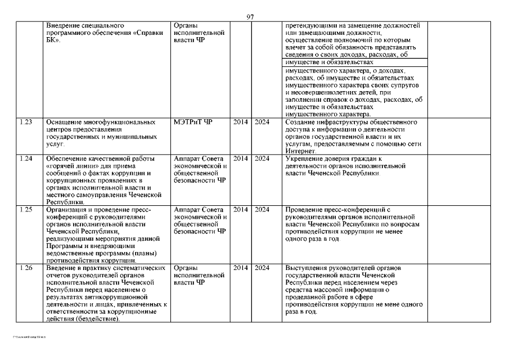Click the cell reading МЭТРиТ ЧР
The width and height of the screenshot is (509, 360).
pos(193,121)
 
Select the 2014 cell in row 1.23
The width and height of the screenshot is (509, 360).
pos(240,121)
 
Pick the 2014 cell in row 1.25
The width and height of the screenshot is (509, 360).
pos(240,210)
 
